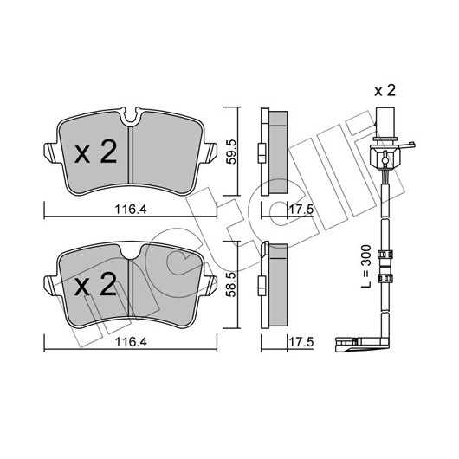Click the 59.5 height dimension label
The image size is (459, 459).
pyautogui.click(x=231, y=152)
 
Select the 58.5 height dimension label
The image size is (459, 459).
pyautogui.click(x=231, y=284)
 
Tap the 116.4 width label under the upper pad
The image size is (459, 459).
pyautogui.click(x=130, y=210)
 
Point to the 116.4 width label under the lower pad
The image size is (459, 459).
pyautogui.click(x=130, y=342)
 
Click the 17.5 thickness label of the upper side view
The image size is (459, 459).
pyautogui.click(x=301, y=210)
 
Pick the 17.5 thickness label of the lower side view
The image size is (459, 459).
pyautogui.click(x=301, y=342)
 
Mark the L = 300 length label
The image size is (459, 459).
pyautogui.click(x=366, y=266)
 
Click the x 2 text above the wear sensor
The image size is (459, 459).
pyautogui.click(x=385, y=90)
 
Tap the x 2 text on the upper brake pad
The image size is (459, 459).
pyautogui.click(x=96, y=152)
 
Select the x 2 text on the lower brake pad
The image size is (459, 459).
pyautogui.click(x=96, y=284)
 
